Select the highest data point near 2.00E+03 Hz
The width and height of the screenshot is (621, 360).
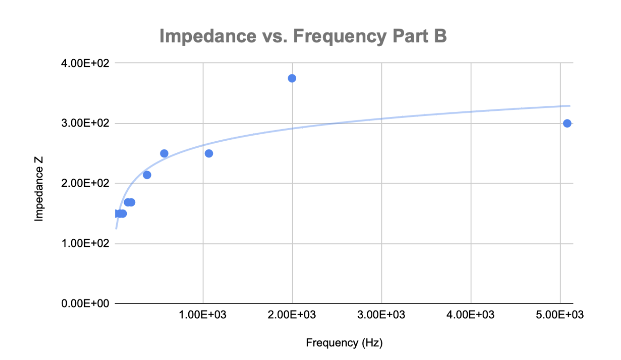tap(292, 78)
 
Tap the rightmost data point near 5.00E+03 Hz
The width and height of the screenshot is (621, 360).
tap(567, 123)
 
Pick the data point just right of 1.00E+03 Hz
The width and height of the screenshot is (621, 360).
tap(209, 153)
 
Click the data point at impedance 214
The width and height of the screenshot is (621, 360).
tap(147, 175)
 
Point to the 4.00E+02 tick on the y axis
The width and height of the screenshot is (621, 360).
tap(85, 63)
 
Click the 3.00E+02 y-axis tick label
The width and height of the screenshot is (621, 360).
tap(85, 123)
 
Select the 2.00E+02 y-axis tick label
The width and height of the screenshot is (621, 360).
tap(85, 183)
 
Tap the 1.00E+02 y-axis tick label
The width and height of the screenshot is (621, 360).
tap(85, 243)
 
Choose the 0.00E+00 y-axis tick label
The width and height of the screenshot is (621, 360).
tap(85, 304)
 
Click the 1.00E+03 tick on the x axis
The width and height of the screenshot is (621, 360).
tap(203, 315)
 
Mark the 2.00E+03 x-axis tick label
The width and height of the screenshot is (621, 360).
tap(292, 315)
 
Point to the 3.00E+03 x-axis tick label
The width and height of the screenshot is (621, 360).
tap(382, 315)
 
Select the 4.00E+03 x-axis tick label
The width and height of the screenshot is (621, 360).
tap(471, 315)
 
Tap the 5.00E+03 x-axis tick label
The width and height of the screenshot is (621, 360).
tap(560, 315)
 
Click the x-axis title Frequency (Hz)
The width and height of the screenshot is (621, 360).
tap(344, 343)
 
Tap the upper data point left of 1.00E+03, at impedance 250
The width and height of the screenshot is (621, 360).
tap(164, 153)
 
